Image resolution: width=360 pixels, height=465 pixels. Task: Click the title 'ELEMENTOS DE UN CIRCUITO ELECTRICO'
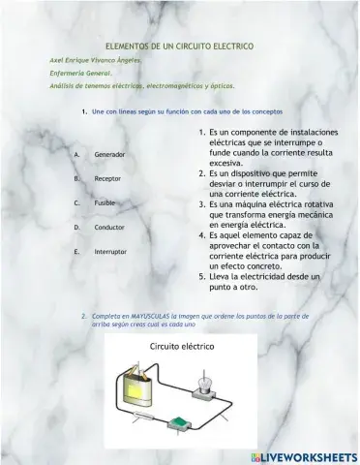click(x=179, y=46)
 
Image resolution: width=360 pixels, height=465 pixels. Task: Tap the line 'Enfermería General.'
click(x=80, y=73)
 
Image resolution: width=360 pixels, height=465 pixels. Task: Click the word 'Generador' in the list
click(x=109, y=155)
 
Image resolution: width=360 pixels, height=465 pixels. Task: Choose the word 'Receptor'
click(x=107, y=179)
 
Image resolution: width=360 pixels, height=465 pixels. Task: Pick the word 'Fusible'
click(x=105, y=203)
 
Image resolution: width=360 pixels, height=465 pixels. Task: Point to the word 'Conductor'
click(x=109, y=228)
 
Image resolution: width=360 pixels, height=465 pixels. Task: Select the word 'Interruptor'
click(x=110, y=252)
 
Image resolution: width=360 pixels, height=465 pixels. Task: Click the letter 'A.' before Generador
click(x=76, y=155)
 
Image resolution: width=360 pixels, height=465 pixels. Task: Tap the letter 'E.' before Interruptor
click(x=76, y=252)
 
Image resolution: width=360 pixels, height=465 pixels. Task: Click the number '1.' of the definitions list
click(x=202, y=132)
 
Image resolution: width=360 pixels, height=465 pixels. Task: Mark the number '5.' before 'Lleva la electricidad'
click(x=202, y=276)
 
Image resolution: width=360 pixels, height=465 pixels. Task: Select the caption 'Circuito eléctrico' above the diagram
click(x=182, y=346)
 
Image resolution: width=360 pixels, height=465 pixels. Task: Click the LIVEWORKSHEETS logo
click(x=303, y=456)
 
